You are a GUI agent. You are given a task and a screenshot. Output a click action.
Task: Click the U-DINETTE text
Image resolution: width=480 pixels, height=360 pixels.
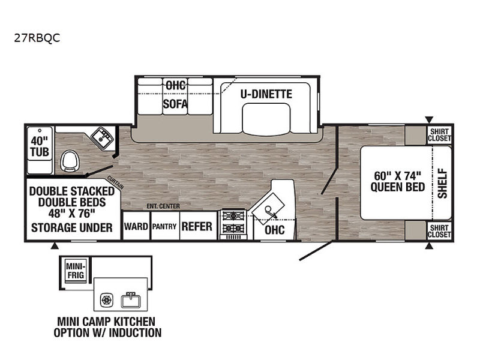click(x=266, y=94)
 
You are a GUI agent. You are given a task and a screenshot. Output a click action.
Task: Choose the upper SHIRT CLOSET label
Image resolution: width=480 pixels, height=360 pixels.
click(x=440, y=134)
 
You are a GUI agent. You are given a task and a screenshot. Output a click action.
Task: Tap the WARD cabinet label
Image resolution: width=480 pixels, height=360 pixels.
click(x=135, y=227)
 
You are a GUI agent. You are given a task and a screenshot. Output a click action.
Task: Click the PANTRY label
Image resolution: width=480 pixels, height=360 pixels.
click(x=163, y=227)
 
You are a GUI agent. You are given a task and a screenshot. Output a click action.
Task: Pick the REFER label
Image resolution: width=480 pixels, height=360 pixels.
click(x=197, y=226)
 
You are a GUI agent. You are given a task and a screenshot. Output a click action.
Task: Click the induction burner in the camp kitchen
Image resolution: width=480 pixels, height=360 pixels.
click(x=108, y=298)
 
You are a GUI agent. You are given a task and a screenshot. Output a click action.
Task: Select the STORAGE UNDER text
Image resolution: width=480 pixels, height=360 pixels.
click(x=71, y=227)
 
